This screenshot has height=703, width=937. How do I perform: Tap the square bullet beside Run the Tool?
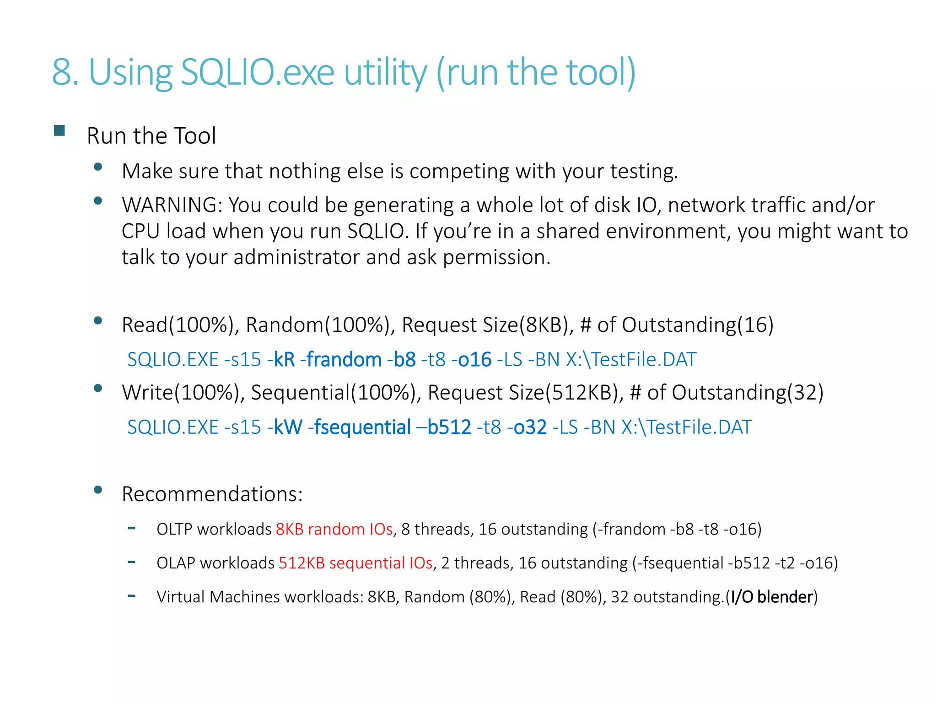pyautogui.click(x=59, y=131)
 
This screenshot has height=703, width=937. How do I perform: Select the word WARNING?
pyautogui.click(x=172, y=205)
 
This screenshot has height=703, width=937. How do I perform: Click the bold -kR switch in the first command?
pyautogui.click(x=282, y=360)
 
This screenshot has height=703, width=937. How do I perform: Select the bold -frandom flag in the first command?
pyautogui.click(x=341, y=360)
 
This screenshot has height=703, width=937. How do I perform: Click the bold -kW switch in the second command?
pyautogui.click(x=285, y=427)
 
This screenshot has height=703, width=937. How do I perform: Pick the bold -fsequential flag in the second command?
pyautogui.click(x=360, y=427)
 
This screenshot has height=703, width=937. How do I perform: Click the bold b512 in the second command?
pyautogui.click(x=449, y=427)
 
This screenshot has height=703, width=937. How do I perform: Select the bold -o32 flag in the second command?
pyautogui.click(x=527, y=427)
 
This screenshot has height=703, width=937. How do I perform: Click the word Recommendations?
pyautogui.click(x=212, y=494)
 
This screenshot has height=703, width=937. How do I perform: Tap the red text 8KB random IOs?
pyautogui.click(x=334, y=530)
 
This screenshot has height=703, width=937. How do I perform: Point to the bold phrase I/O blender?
pyautogui.click(x=771, y=597)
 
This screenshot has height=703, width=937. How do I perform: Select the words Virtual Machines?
pyautogui.click(x=218, y=597)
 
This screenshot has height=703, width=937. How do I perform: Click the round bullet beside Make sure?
pyautogui.click(x=97, y=167)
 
